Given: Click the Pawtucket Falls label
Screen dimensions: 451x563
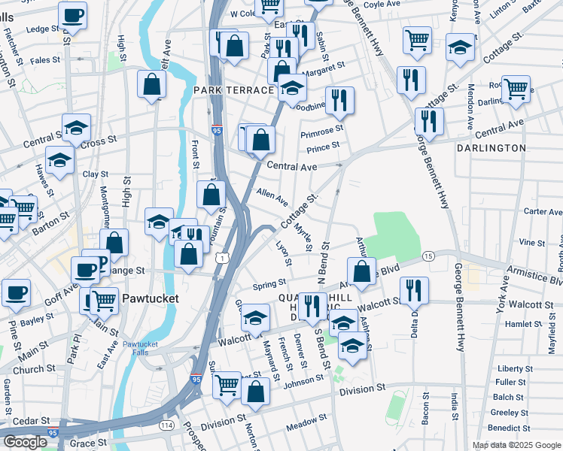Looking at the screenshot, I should [138, 349].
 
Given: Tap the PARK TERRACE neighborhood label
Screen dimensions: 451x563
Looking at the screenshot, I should [233, 90].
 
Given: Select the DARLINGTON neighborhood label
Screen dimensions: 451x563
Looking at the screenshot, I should [491, 148].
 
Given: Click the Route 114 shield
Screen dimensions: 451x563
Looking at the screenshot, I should [167, 425].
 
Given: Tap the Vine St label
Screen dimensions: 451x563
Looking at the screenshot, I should [531, 243].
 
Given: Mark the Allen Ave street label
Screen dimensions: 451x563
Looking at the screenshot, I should [272, 198].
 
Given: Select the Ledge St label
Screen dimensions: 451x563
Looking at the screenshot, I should [41, 29].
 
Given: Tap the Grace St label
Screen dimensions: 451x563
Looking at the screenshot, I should [83, 443].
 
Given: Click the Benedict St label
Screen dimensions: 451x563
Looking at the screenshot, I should [510, 428].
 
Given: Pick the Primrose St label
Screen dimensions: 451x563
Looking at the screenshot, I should [321, 132].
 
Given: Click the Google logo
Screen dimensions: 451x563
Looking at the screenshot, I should [26, 442].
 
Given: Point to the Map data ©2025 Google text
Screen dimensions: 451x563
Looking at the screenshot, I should [516, 445].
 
